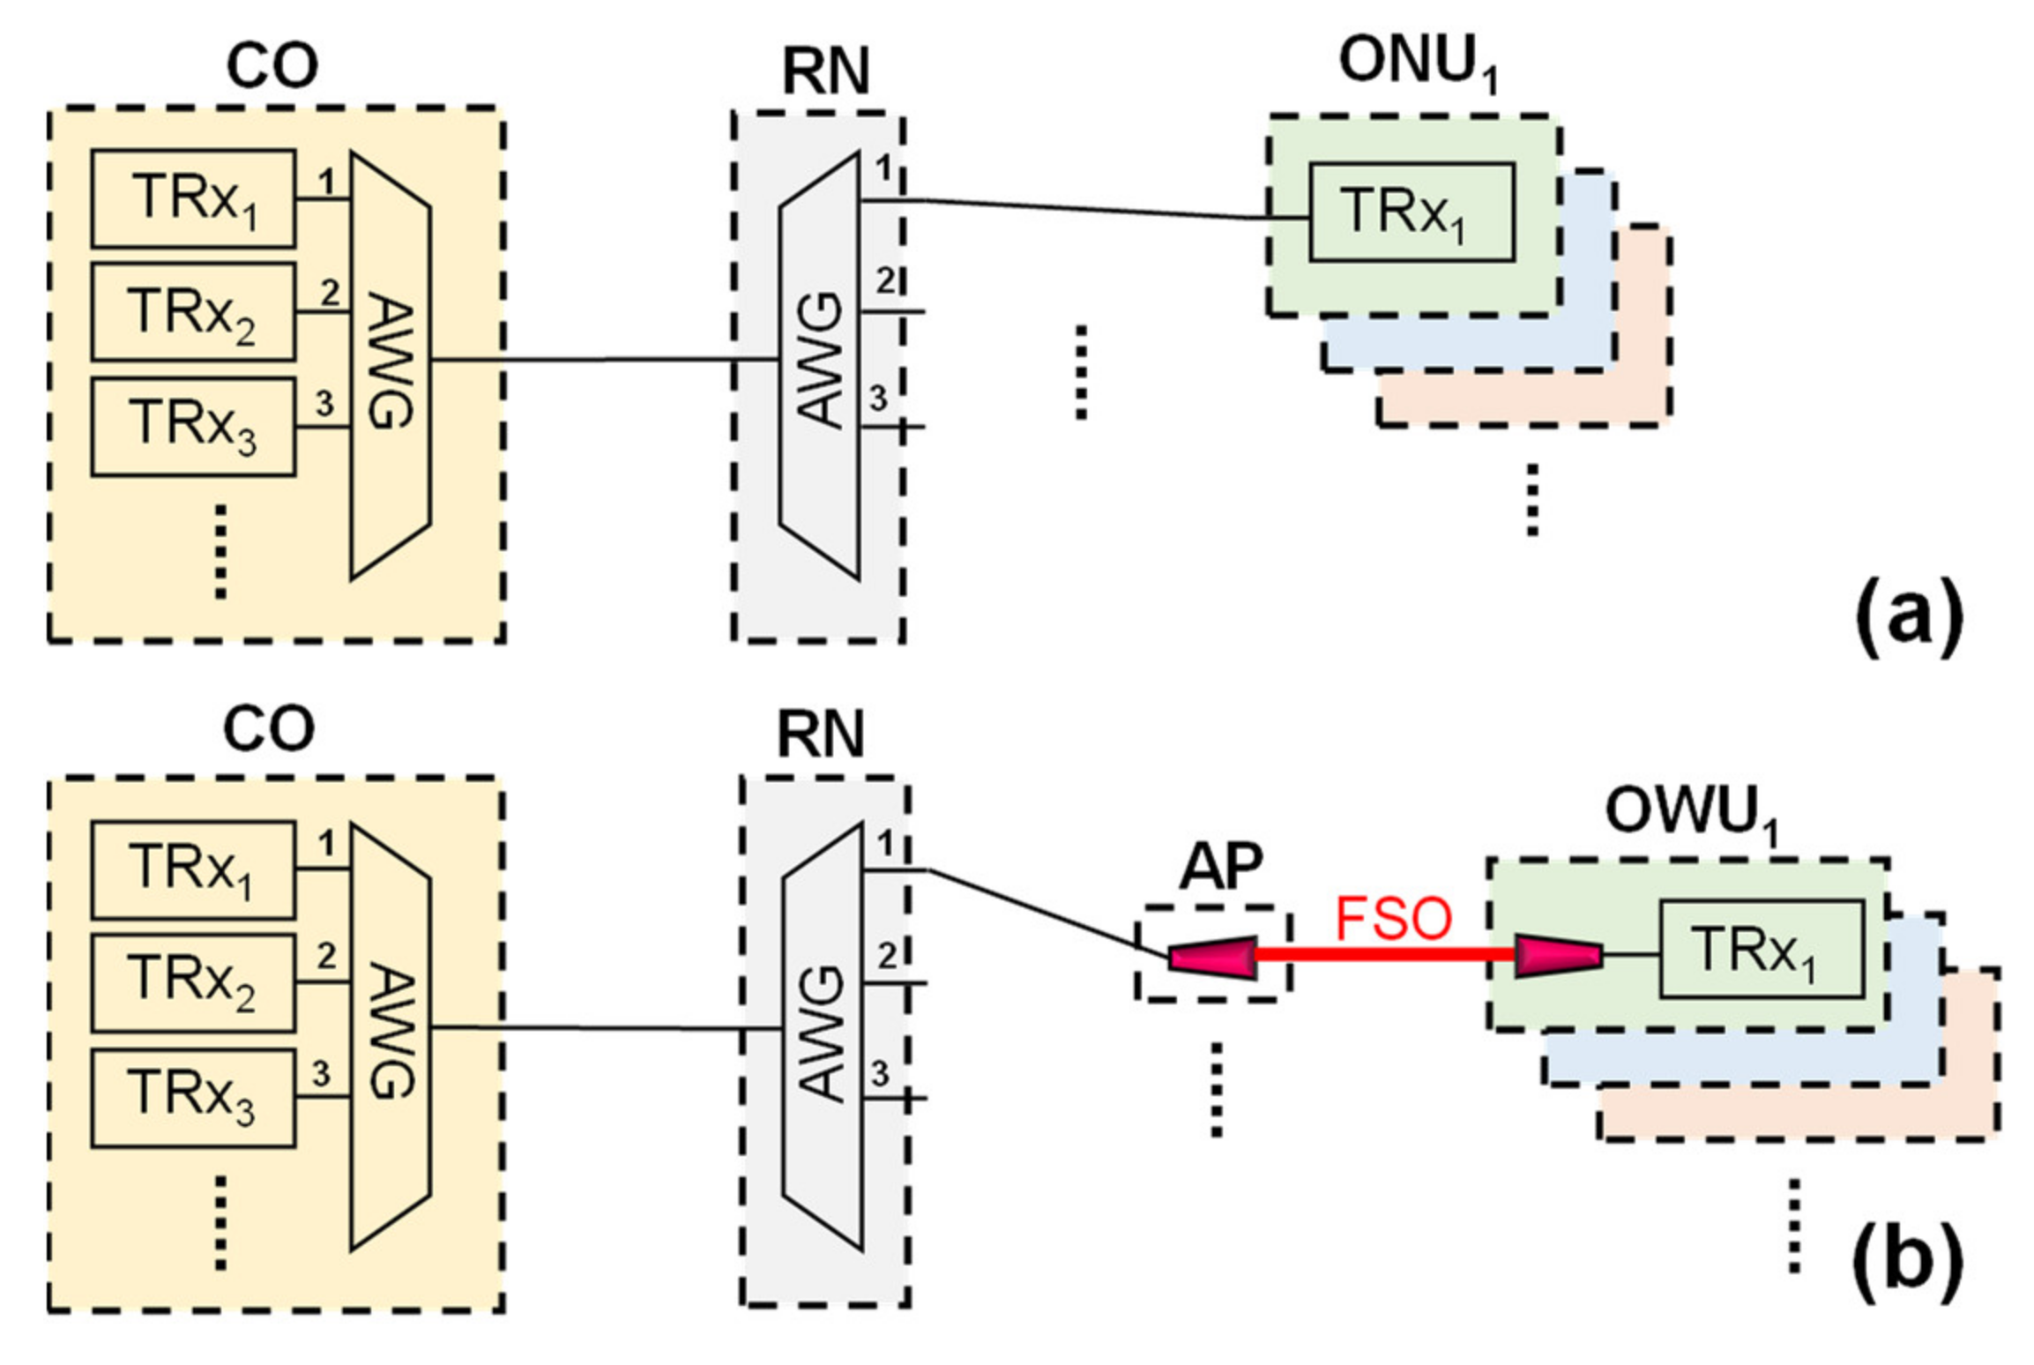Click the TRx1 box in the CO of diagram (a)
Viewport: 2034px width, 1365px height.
pyautogui.click(x=193, y=198)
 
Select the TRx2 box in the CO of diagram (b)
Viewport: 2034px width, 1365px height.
pyautogui.click(x=193, y=982)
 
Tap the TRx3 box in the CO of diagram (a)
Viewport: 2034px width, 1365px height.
pyautogui.click(x=193, y=427)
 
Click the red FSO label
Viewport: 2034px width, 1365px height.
pyautogui.click(x=1392, y=918)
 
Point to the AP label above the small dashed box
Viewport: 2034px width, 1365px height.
pyautogui.click(x=1220, y=867)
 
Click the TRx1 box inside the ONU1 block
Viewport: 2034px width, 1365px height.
pyautogui.click(x=1411, y=213)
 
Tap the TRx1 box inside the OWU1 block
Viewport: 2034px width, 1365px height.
pyautogui.click(x=1761, y=949)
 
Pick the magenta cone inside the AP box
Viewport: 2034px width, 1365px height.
pyautogui.click(x=1212, y=957)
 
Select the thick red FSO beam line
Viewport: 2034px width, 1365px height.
pyautogui.click(x=1384, y=954)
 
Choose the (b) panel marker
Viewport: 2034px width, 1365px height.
pyautogui.click(x=1908, y=1262)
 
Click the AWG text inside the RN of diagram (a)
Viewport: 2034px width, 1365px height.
pyautogui.click(x=820, y=362)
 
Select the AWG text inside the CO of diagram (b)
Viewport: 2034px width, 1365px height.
pyautogui.click(x=389, y=1032)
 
